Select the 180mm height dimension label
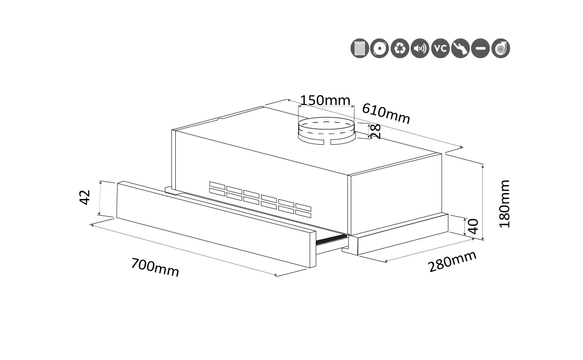(505, 204)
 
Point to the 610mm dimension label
(386, 114)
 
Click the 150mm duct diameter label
(325, 100)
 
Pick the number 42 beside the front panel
(85, 197)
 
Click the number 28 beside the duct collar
(375, 131)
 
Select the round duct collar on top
(325, 131)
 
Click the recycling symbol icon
(400, 48)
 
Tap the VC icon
(440, 48)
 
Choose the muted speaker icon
(420, 48)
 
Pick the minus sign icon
(480, 48)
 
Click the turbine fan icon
(501, 48)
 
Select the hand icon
(460, 48)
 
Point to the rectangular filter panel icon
(360, 48)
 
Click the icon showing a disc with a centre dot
(380, 48)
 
